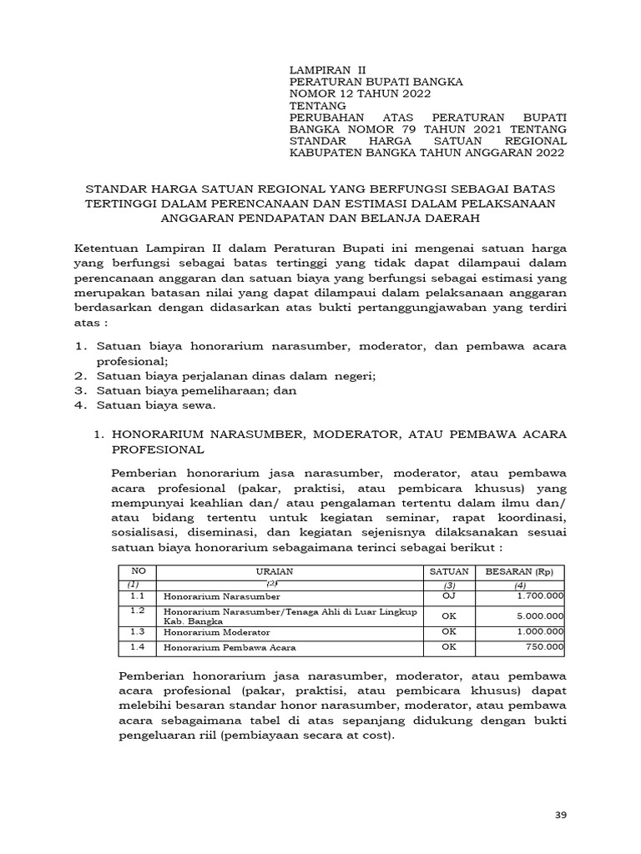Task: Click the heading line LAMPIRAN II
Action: pyautogui.click(x=326, y=69)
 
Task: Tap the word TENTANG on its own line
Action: pyautogui.click(x=317, y=107)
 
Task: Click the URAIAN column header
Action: pyautogui.click(x=290, y=571)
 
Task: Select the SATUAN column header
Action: pyautogui.click(x=449, y=571)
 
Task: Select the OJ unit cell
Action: pyautogui.click(x=449, y=597)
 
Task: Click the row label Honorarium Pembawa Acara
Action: pyautogui.click(x=230, y=647)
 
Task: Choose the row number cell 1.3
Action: pyautogui.click(x=137, y=632)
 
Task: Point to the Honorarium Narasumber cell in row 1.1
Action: pyautogui.click(x=222, y=597)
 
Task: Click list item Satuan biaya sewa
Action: pyautogui.click(x=156, y=405)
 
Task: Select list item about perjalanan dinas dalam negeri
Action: pyautogui.click(x=236, y=376)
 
